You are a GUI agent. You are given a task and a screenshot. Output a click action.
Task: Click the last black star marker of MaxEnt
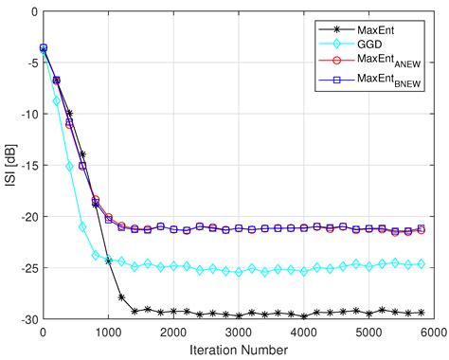421,313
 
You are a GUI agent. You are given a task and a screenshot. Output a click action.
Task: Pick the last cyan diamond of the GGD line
421,264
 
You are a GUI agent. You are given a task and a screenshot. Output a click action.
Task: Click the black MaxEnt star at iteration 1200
121,297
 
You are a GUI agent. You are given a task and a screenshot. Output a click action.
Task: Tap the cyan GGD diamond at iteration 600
82,226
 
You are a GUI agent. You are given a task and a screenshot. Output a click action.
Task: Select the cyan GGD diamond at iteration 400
69,166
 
